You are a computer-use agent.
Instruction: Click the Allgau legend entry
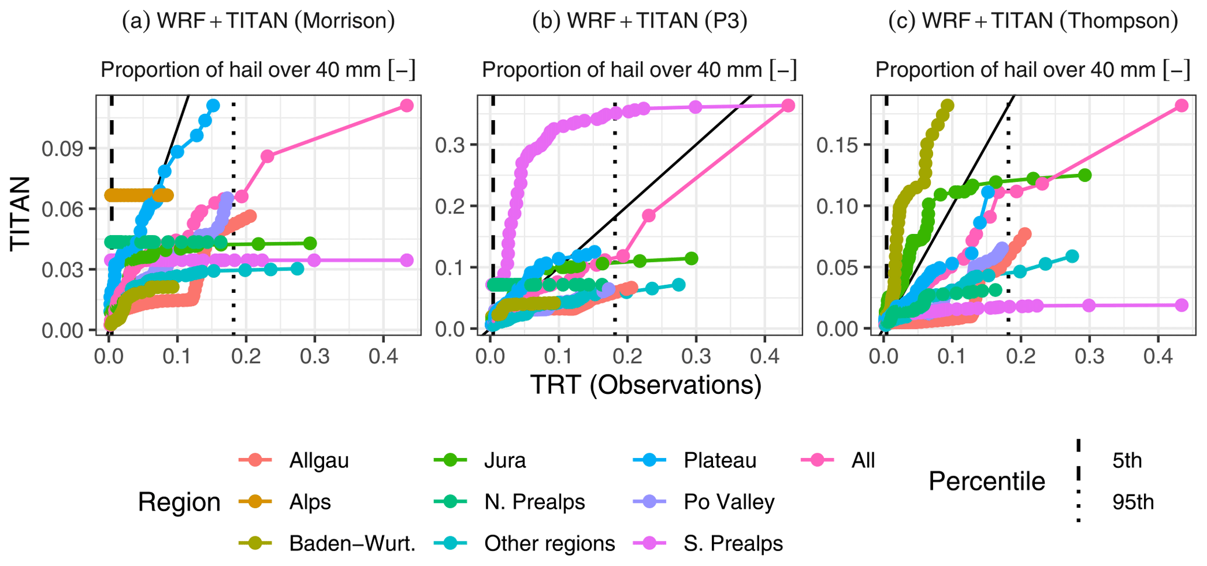tap(318, 460)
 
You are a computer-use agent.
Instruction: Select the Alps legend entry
tap(309, 502)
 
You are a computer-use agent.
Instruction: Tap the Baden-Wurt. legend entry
tap(352, 543)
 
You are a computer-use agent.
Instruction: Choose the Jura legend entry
tap(505, 460)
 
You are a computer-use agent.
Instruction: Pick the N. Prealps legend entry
tap(534, 502)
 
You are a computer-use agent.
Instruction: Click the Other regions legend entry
tap(549, 543)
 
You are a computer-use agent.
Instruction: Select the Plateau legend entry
tap(719, 460)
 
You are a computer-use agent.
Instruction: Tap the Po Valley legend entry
tap(729, 502)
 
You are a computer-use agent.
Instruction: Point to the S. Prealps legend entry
tap(733, 543)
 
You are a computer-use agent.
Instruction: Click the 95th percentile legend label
tap(1133, 502)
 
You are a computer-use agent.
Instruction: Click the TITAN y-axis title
tap(21, 214)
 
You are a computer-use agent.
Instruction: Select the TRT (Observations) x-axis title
tap(646, 385)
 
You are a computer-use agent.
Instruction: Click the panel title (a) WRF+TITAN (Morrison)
tap(258, 21)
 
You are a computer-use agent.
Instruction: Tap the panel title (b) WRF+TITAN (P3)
tap(640, 21)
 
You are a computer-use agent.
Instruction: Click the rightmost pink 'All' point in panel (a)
tap(407, 106)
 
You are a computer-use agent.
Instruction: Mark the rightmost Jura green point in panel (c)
tap(1085, 175)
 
